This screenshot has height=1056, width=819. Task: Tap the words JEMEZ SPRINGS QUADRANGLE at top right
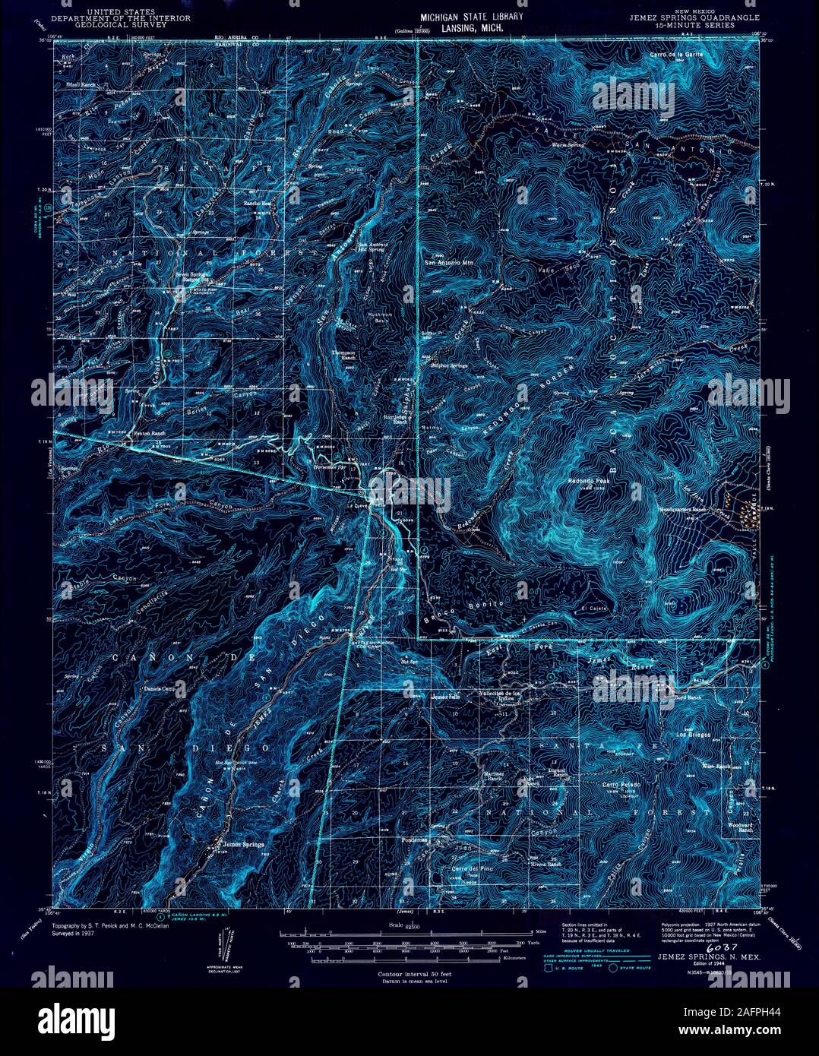click(680, 19)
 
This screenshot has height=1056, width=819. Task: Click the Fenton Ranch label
click(149, 434)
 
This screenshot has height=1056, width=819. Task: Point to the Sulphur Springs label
click(450, 365)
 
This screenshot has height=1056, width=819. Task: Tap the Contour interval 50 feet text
click(409, 972)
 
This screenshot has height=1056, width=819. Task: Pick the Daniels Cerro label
click(160, 689)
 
